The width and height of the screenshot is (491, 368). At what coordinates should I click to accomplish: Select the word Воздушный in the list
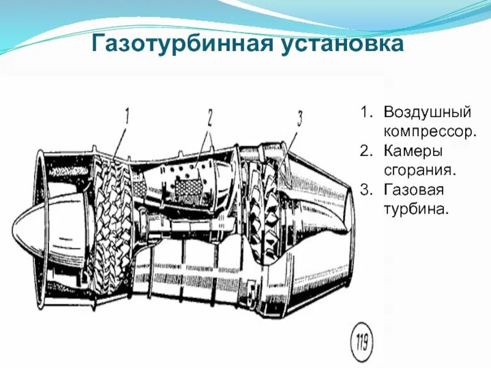point(427,113)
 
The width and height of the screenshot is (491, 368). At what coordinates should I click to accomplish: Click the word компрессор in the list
point(430,131)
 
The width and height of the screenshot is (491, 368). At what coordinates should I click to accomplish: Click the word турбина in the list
point(417,209)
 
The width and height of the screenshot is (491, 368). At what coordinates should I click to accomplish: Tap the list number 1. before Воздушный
point(366,113)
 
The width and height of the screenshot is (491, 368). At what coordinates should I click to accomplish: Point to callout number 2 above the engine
point(209,117)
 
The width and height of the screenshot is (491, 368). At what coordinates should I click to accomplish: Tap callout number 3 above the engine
point(300,119)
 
